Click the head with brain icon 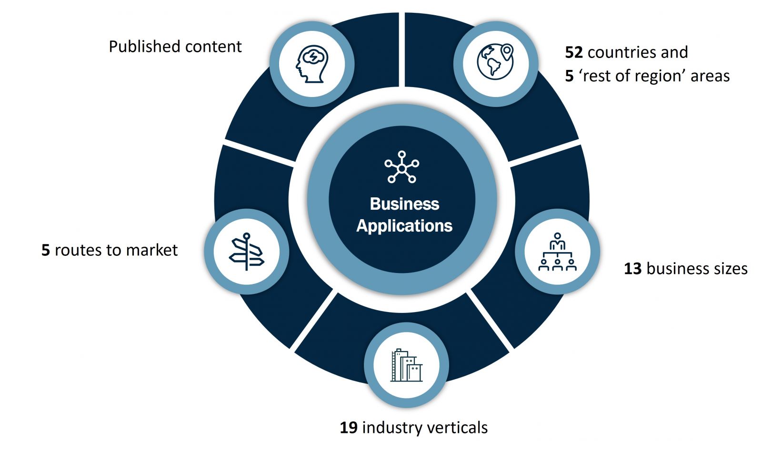(x=312, y=64)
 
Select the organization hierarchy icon (x=557, y=252)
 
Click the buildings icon (x=406, y=365)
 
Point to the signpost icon (x=247, y=252)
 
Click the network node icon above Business (x=402, y=167)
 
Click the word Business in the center (x=404, y=204)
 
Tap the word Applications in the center (x=404, y=226)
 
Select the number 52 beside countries (x=574, y=52)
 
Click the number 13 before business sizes (x=633, y=269)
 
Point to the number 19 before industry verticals (x=349, y=428)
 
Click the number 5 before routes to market (x=46, y=250)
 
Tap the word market (x=154, y=250)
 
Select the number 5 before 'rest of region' (x=569, y=76)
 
